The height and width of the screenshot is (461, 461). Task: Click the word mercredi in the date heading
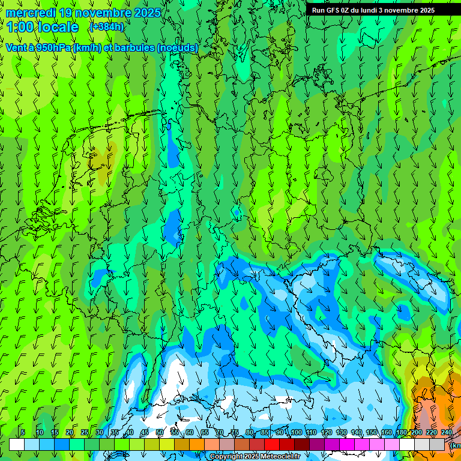click(x=31, y=13)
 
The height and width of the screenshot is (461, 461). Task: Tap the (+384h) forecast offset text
click(x=106, y=27)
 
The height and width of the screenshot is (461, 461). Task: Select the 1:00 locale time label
click(x=42, y=27)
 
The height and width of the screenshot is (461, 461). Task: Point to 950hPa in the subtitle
click(x=53, y=47)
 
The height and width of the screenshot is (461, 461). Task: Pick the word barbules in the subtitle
click(x=134, y=47)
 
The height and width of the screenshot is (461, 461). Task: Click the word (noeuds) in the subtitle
click(x=177, y=47)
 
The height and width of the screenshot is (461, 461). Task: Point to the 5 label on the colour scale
click(x=22, y=433)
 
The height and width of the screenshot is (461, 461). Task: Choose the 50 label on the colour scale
click(x=160, y=433)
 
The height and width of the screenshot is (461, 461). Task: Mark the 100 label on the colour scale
click(x=297, y=433)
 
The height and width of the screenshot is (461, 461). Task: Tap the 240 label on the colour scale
click(x=447, y=433)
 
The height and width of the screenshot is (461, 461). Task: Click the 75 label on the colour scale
click(x=235, y=433)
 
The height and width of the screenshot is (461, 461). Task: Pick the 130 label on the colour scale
click(x=342, y=433)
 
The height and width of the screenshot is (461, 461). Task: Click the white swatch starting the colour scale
click(x=17, y=444)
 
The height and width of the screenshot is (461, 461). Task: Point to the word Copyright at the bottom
click(x=226, y=457)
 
